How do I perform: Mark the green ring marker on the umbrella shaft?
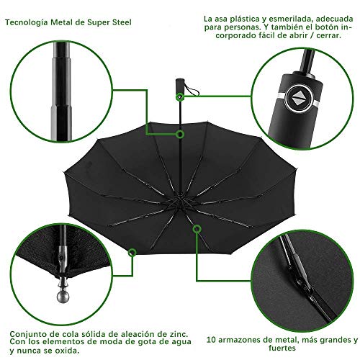pyautogui.click(x=180, y=134)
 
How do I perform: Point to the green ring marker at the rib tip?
pyautogui.click(x=132, y=252)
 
